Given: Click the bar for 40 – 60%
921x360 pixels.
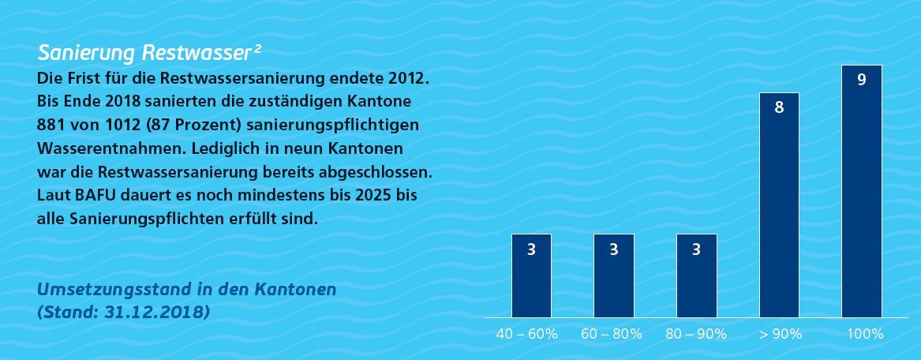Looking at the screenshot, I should tap(531, 276).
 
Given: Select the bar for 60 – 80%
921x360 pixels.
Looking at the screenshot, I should tap(614, 276).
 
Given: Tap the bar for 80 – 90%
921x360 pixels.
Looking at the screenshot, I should tap(696, 276).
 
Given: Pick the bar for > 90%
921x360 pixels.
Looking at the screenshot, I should tap(779, 205).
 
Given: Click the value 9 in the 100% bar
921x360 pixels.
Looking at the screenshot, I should tap(861, 79).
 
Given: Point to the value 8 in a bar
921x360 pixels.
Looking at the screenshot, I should tap(779, 107).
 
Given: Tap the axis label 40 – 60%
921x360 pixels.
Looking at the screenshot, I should tap(526, 334).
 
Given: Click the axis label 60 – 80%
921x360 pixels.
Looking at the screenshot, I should tap(611, 334).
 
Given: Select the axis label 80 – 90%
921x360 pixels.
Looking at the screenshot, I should tap(695, 334).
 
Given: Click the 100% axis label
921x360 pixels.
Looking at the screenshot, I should tap(865, 334).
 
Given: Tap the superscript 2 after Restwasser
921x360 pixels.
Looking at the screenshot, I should tap(258, 48).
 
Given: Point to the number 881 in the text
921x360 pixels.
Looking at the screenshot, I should tap(51, 126).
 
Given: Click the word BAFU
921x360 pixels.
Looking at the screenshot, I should tap(89, 194).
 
